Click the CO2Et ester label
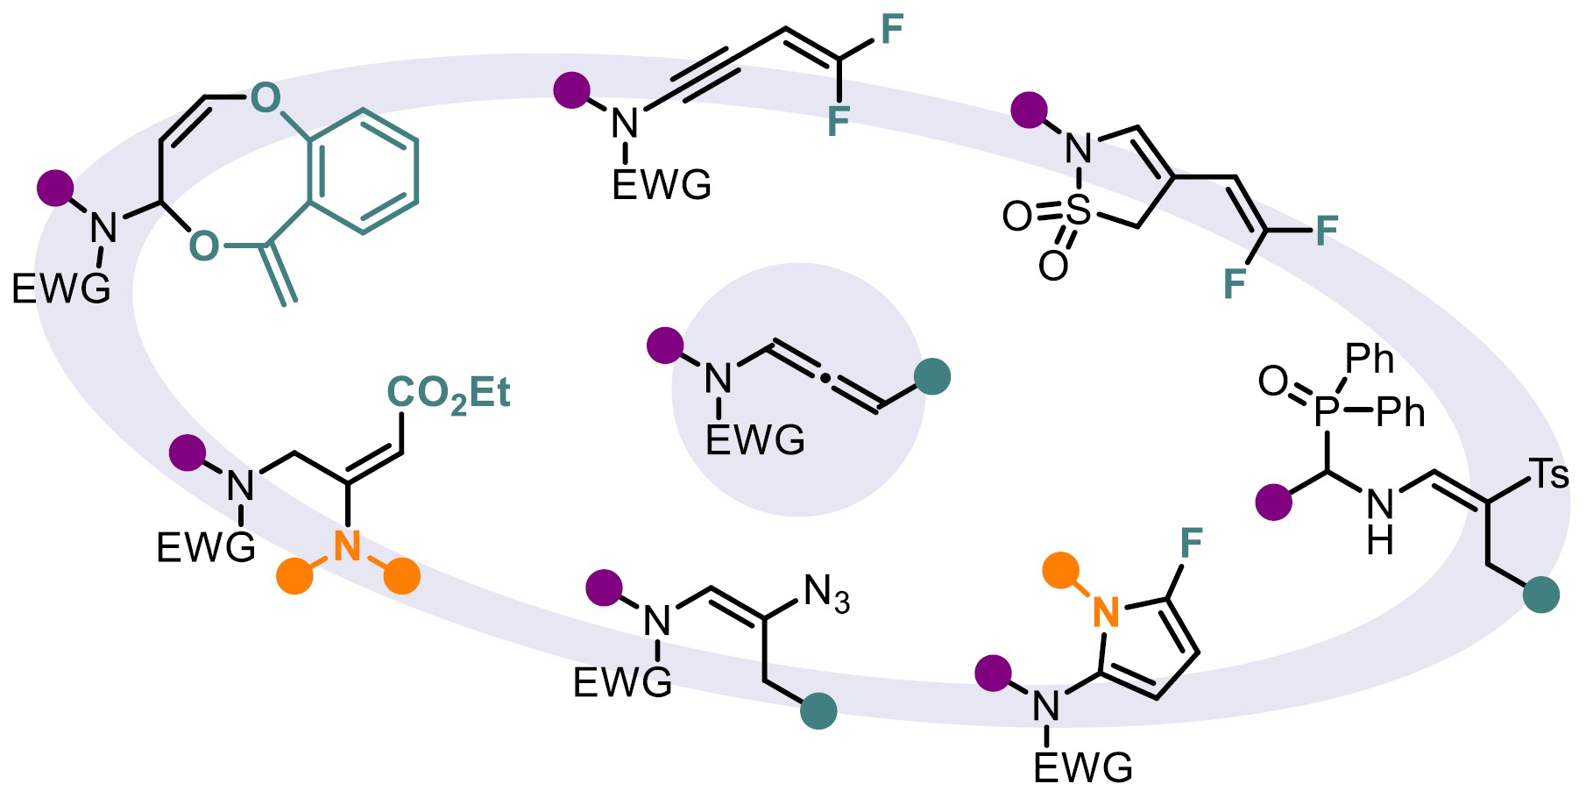pos(449,395)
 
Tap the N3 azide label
pos(826,595)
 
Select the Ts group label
pos(1548,474)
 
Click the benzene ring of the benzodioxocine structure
pos(363,172)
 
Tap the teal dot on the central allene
pos(931,376)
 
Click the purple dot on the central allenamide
pos(665,346)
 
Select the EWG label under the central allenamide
pos(754,440)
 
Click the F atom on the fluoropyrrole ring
pos(1191,544)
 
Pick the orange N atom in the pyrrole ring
pos(1107,611)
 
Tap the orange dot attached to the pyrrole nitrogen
pos(1060,571)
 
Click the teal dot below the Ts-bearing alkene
pos(1540,594)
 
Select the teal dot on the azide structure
pos(818,710)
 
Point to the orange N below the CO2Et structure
pos(347,546)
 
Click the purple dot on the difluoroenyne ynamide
pos(572,89)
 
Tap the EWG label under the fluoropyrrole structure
pos(1083,767)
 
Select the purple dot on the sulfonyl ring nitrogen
pos(1029,110)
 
